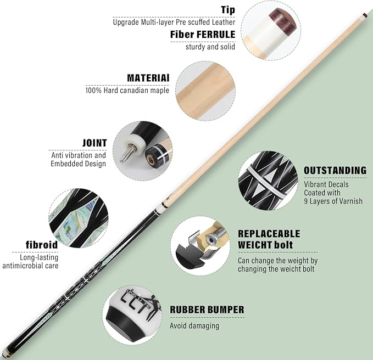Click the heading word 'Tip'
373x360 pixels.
pyautogui.click(x=228, y=10)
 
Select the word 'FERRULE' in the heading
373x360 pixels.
pyautogui.click(x=216, y=35)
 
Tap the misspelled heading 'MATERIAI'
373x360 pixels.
pyautogui.click(x=148, y=78)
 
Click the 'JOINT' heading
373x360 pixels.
pyautogui.click(x=94, y=143)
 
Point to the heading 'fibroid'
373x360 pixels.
pyautogui.click(x=42, y=245)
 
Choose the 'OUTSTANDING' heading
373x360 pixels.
pyautogui.click(x=335, y=170)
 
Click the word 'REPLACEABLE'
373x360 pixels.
pyautogui.click(x=269, y=234)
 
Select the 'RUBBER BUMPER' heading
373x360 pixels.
pyautogui.click(x=207, y=310)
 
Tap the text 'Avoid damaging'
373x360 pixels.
pyautogui.click(x=194, y=325)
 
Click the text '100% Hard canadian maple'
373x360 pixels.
pyautogui.click(x=127, y=91)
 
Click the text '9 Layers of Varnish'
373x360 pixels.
pyautogui.click(x=333, y=201)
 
